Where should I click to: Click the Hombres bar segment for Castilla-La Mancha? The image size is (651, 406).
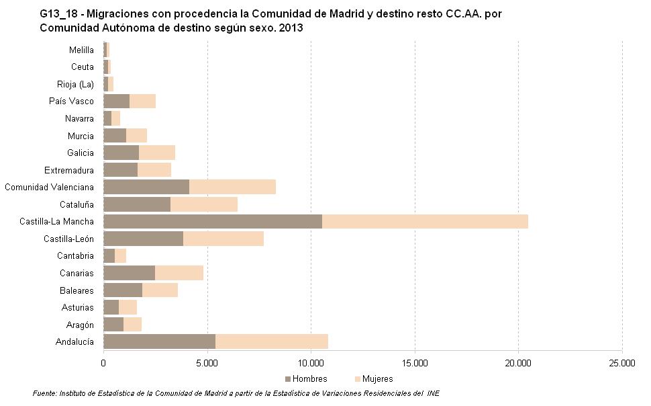click(x=213, y=221)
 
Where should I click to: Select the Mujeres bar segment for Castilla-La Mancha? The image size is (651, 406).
click(x=425, y=221)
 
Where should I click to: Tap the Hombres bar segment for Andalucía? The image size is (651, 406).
click(x=159, y=341)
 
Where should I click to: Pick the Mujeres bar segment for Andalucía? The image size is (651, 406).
click(x=272, y=341)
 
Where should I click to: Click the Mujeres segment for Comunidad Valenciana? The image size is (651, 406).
click(x=232, y=187)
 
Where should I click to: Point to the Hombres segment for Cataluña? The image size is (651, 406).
click(x=137, y=204)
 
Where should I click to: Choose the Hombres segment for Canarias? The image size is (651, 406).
click(x=129, y=273)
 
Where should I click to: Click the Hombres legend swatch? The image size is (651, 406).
click(x=288, y=379)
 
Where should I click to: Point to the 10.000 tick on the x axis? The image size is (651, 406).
click(x=311, y=363)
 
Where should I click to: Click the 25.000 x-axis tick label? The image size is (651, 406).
click(x=621, y=363)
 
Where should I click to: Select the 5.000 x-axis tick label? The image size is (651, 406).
click(x=207, y=363)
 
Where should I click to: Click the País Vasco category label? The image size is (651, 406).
click(x=71, y=101)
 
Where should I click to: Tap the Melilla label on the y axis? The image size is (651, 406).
click(x=81, y=50)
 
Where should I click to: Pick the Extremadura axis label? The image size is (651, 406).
click(x=69, y=170)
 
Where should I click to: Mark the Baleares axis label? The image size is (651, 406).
click(x=77, y=290)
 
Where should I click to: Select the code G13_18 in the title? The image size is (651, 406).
click(x=59, y=13)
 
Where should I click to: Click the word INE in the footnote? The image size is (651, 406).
click(x=433, y=393)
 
